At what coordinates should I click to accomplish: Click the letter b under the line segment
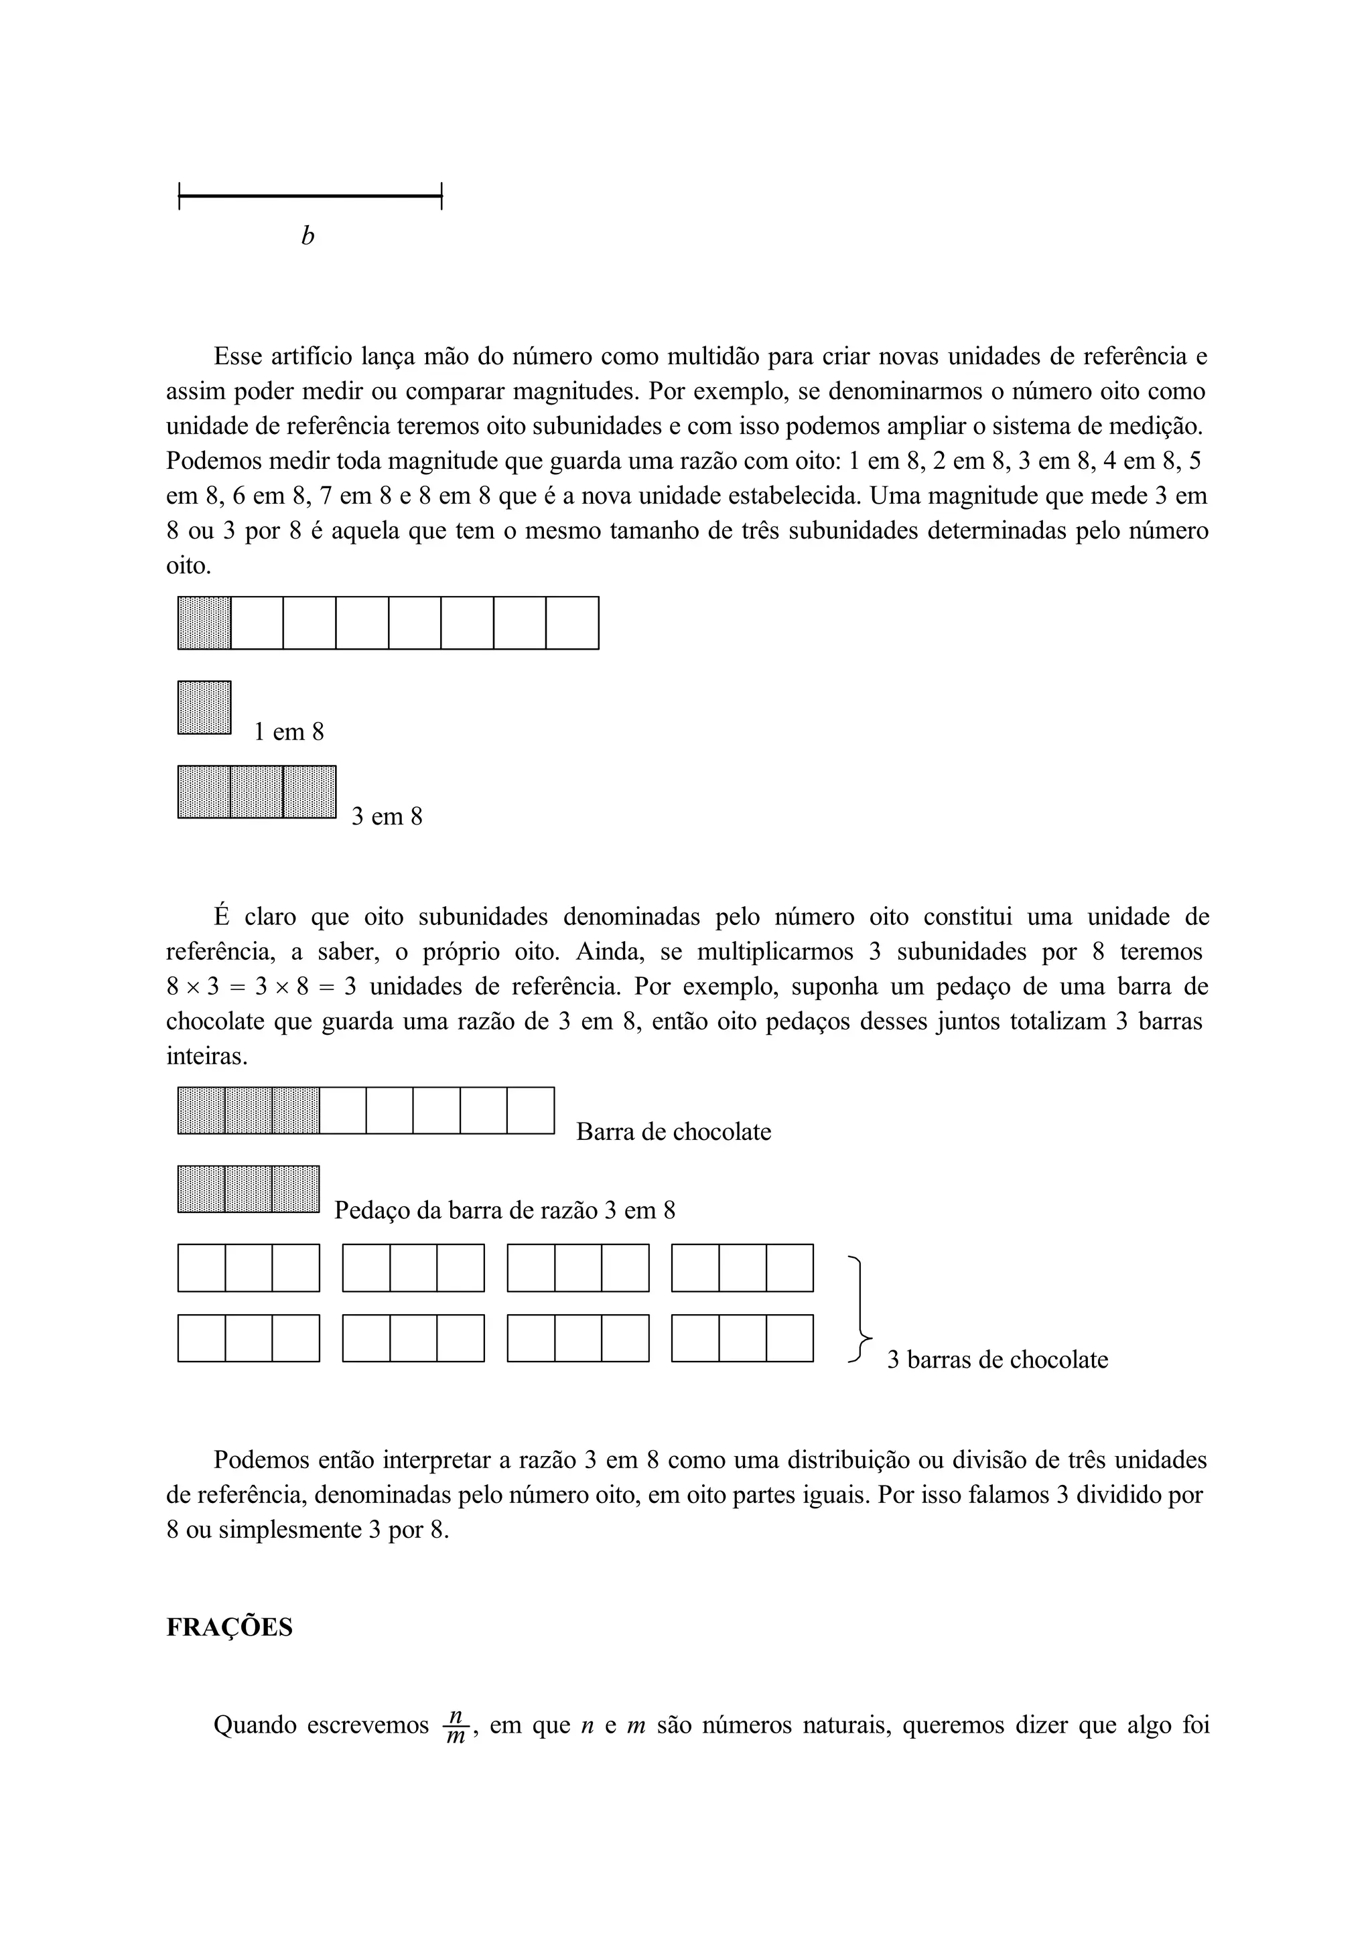pyautogui.click(x=307, y=236)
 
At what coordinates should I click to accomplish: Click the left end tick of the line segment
pyautogui.click(x=180, y=197)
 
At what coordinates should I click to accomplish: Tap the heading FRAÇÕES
pyautogui.click(x=229, y=1628)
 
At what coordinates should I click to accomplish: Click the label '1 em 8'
pyautogui.click(x=289, y=732)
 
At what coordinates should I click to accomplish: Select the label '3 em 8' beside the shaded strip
pyautogui.click(x=387, y=816)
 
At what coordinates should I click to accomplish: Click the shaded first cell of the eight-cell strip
pyautogui.click(x=204, y=623)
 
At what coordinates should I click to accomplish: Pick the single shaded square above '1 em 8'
pyautogui.click(x=204, y=707)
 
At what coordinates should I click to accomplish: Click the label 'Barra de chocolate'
pyautogui.click(x=674, y=1132)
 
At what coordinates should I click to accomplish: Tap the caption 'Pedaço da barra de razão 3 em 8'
pyautogui.click(x=504, y=1210)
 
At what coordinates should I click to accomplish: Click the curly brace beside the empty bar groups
pyautogui.click(x=860, y=1310)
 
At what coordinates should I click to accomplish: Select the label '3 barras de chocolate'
pyautogui.click(x=998, y=1360)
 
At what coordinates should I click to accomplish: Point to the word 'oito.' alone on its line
pyautogui.click(x=188, y=565)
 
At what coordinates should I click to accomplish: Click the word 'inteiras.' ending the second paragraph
pyautogui.click(x=206, y=1057)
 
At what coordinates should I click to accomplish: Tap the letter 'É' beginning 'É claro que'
pyautogui.click(x=222, y=917)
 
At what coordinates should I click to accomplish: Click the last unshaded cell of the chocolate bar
pyautogui.click(x=530, y=1110)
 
